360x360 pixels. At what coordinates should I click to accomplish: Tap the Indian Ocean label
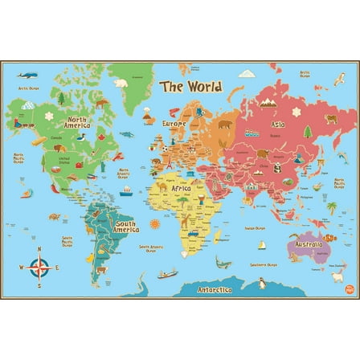pos(255,227)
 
